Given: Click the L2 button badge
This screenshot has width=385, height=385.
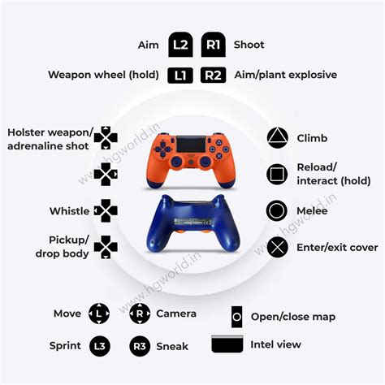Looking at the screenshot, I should point(180,45).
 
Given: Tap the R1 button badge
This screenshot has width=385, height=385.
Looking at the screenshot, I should point(213,45).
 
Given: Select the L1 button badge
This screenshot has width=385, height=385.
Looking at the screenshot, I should point(180,76).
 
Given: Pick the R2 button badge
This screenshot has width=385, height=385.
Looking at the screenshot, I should point(213,76).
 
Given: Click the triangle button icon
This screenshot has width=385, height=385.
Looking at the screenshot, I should point(277,138).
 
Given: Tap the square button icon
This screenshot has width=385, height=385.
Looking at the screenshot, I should point(277,173).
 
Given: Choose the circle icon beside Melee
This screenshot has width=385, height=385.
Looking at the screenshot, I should point(277,211).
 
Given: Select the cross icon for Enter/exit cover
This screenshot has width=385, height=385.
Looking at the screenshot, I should point(277,247).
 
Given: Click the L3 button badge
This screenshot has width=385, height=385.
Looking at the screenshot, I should point(98,346).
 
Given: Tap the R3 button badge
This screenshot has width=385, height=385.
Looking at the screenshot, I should point(141,346).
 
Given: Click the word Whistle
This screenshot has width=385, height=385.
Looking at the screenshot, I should point(69,211).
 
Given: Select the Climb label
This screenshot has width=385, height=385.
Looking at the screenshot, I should point(313,139).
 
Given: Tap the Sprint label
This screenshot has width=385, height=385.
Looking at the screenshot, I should point(64,346).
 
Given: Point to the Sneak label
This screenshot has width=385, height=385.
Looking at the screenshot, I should point(172,346).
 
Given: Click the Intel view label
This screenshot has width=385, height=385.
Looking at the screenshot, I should point(276,344).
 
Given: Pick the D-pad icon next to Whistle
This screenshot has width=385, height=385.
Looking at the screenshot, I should point(106,210).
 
